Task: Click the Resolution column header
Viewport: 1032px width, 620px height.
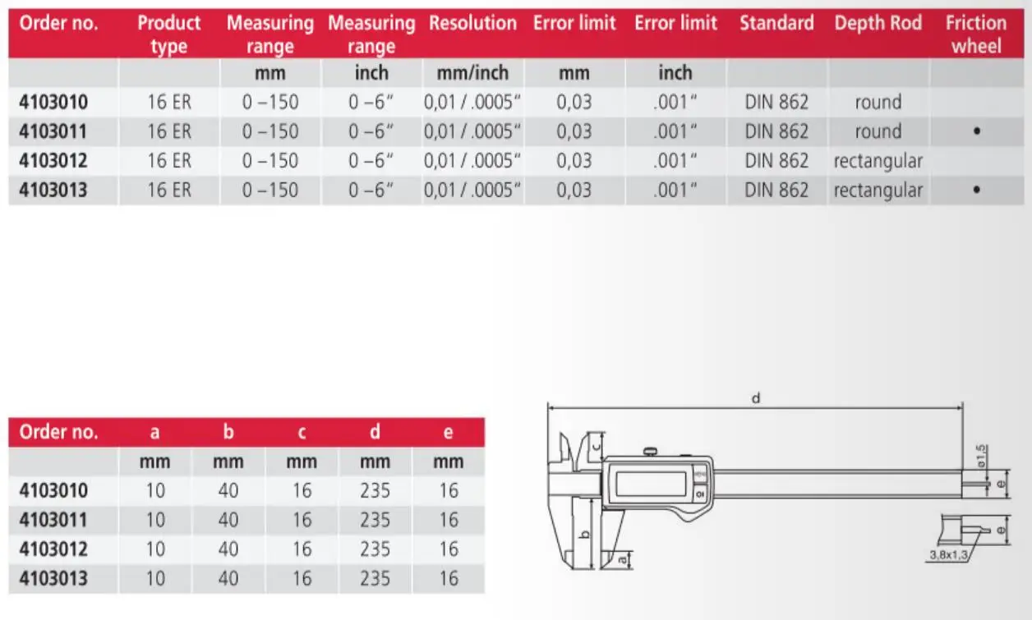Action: click(x=472, y=23)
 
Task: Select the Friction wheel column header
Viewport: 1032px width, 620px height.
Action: click(x=976, y=34)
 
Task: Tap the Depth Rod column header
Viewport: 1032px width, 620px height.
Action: click(x=878, y=23)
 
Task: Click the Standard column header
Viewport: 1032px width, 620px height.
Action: click(x=776, y=23)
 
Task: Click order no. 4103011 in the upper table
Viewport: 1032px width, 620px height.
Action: click(x=53, y=131)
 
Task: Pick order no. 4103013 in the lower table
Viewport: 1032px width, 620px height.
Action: click(x=53, y=579)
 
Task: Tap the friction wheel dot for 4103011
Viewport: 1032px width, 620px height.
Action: click(x=976, y=131)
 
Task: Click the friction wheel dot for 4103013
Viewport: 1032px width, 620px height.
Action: click(x=976, y=190)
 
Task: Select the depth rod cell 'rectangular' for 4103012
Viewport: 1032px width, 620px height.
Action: click(x=878, y=161)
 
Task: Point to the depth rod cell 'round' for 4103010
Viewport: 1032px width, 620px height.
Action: click(x=878, y=103)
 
